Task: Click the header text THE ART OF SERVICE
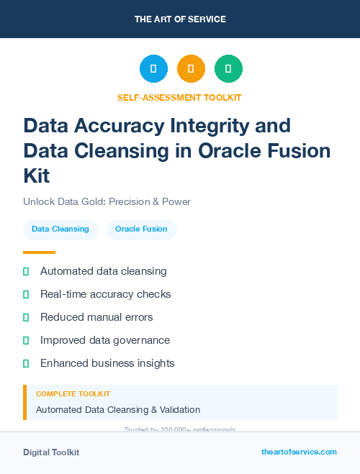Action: coord(180,19)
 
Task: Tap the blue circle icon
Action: coord(153,69)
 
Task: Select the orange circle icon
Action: coord(191,69)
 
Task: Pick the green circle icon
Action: coord(228,69)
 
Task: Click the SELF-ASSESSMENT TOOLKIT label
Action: coord(179,97)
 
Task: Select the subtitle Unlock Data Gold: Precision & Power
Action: coord(107,201)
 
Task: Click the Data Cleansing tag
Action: coord(60,229)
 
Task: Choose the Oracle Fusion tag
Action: coord(141,229)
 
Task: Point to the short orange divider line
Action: coord(39,252)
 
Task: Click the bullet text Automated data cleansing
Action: coord(103,271)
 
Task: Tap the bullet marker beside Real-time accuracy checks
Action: coord(26,294)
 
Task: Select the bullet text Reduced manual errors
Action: coord(96,317)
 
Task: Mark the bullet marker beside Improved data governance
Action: coord(26,340)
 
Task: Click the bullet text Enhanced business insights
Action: coord(107,363)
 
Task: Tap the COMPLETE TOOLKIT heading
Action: coord(73,394)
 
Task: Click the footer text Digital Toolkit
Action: coord(51,452)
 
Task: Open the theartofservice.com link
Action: coord(299,452)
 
